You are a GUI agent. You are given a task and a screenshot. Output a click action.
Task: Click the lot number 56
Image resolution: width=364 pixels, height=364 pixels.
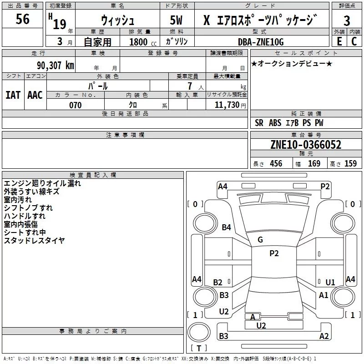[x=22, y=19]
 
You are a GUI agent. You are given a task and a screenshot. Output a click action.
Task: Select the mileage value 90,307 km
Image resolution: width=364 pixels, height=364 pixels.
[x=55, y=66]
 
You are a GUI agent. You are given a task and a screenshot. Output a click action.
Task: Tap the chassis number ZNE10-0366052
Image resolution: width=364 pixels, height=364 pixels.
[x=306, y=145]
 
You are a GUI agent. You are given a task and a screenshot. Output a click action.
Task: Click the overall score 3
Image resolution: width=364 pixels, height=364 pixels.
[x=347, y=21]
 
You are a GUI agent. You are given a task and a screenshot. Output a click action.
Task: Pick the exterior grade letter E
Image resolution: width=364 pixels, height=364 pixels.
[x=339, y=41]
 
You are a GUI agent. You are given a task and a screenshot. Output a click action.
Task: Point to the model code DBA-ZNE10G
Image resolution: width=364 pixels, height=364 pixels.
[x=261, y=42]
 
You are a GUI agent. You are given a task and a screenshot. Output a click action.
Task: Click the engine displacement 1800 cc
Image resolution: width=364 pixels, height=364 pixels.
[x=143, y=42]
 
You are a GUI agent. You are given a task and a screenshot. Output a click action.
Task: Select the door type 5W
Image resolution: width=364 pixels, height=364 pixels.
[x=176, y=20]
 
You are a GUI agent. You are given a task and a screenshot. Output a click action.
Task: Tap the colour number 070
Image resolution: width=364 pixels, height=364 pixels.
[x=75, y=105]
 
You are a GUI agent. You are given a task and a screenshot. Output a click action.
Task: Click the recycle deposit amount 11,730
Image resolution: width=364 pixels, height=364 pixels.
[x=227, y=105]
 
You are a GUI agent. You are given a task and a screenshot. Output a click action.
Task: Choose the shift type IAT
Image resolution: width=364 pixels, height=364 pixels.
[x=13, y=95]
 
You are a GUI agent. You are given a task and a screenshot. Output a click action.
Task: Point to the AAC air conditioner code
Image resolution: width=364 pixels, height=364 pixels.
[x=35, y=95]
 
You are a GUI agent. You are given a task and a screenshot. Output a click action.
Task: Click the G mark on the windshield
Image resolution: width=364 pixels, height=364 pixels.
[x=260, y=240]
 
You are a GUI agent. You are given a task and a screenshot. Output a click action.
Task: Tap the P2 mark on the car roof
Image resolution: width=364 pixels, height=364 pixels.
[x=274, y=253]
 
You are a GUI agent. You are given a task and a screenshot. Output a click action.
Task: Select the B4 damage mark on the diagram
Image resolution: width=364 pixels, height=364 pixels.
[x=226, y=227]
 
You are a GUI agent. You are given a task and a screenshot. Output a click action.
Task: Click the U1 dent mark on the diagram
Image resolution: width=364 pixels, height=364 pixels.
[x=330, y=282]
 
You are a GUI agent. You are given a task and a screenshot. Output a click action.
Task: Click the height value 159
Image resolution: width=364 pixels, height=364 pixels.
[x=350, y=163]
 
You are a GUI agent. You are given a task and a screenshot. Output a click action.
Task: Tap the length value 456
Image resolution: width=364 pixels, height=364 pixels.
[x=276, y=163]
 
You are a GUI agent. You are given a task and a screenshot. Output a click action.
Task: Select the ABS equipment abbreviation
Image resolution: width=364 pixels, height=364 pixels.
[x=275, y=123]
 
